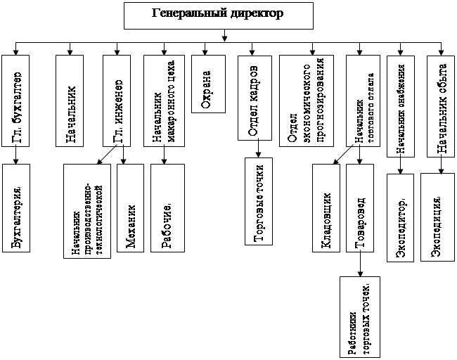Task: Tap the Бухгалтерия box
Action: pyautogui.click(x=16, y=207)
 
